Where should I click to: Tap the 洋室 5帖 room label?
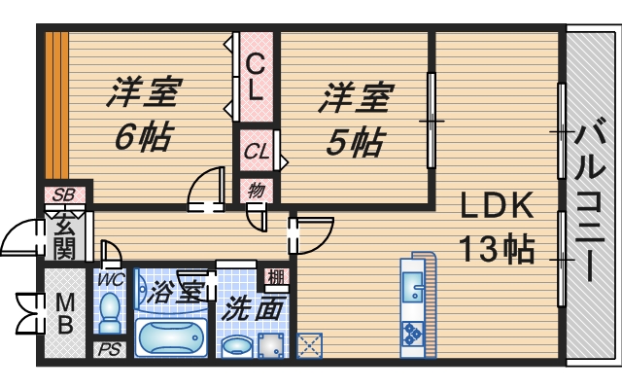click(x=355, y=120)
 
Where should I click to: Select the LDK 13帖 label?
click(x=497, y=228)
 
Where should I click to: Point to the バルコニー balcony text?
click(x=591, y=199)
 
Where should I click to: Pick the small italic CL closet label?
click(x=257, y=152)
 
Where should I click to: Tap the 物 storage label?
click(x=257, y=188)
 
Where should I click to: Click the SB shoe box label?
click(x=64, y=194)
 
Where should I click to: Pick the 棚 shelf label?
click(x=277, y=276)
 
